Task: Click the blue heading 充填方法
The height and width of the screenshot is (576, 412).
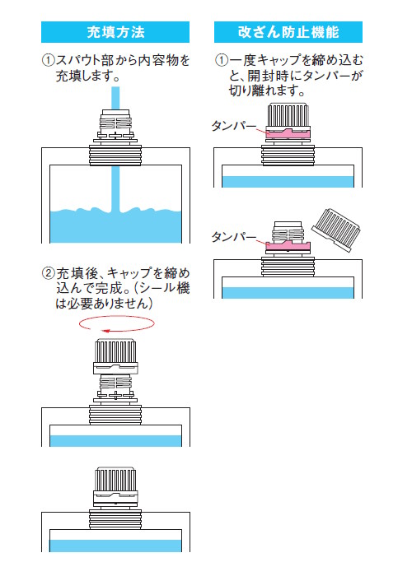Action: [115, 32]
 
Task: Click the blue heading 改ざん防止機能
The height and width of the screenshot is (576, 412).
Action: [288, 32]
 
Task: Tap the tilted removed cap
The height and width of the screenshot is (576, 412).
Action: [336, 230]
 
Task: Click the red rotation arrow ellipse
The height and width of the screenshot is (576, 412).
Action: [117, 324]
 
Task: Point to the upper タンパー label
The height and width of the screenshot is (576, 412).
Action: [233, 126]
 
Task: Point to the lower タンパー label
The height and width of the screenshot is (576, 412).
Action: [233, 237]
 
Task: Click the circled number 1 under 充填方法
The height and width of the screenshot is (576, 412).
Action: [48, 60]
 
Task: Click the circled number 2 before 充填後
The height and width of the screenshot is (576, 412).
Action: [48, 273]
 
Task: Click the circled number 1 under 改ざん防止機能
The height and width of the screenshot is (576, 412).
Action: [222, 60]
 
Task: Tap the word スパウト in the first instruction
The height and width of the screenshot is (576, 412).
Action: [78, 60]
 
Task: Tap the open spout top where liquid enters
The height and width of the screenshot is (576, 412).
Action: [115, 111]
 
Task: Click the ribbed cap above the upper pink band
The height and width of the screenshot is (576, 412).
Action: [288, 116]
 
